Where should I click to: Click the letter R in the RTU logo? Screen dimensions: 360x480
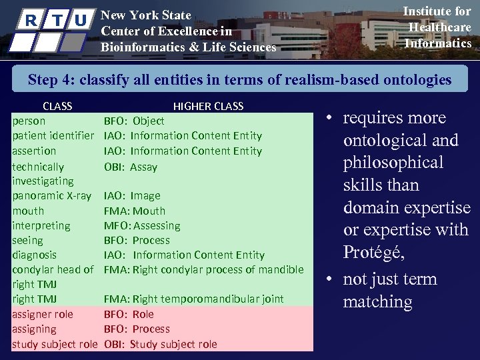[30, 21]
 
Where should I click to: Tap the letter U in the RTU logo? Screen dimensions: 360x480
[81, 21]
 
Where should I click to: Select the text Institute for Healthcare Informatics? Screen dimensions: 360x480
[437, 27]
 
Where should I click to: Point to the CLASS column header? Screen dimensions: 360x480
[57, 106]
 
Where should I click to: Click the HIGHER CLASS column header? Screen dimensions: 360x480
[208, 106]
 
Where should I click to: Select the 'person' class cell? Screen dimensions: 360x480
[29, 121]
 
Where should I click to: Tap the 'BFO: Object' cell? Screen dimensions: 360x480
[134, 121]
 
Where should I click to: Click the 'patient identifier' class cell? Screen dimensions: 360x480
[53, 136]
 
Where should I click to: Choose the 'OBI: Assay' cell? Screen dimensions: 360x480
[131, 167]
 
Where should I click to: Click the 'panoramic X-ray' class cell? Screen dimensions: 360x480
[52, 196]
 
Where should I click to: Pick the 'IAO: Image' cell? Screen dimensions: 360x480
[132, 196]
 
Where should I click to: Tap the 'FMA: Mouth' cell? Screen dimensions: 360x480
[134, 211]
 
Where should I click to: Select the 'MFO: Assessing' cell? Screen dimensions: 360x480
[142, 225]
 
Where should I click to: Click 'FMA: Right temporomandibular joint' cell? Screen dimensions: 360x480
[193, 299]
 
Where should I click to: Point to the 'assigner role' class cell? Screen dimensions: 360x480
[43, 314]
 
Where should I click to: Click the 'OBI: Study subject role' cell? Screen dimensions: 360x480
[160, 344]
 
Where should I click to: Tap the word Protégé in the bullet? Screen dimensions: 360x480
[373, 253]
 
